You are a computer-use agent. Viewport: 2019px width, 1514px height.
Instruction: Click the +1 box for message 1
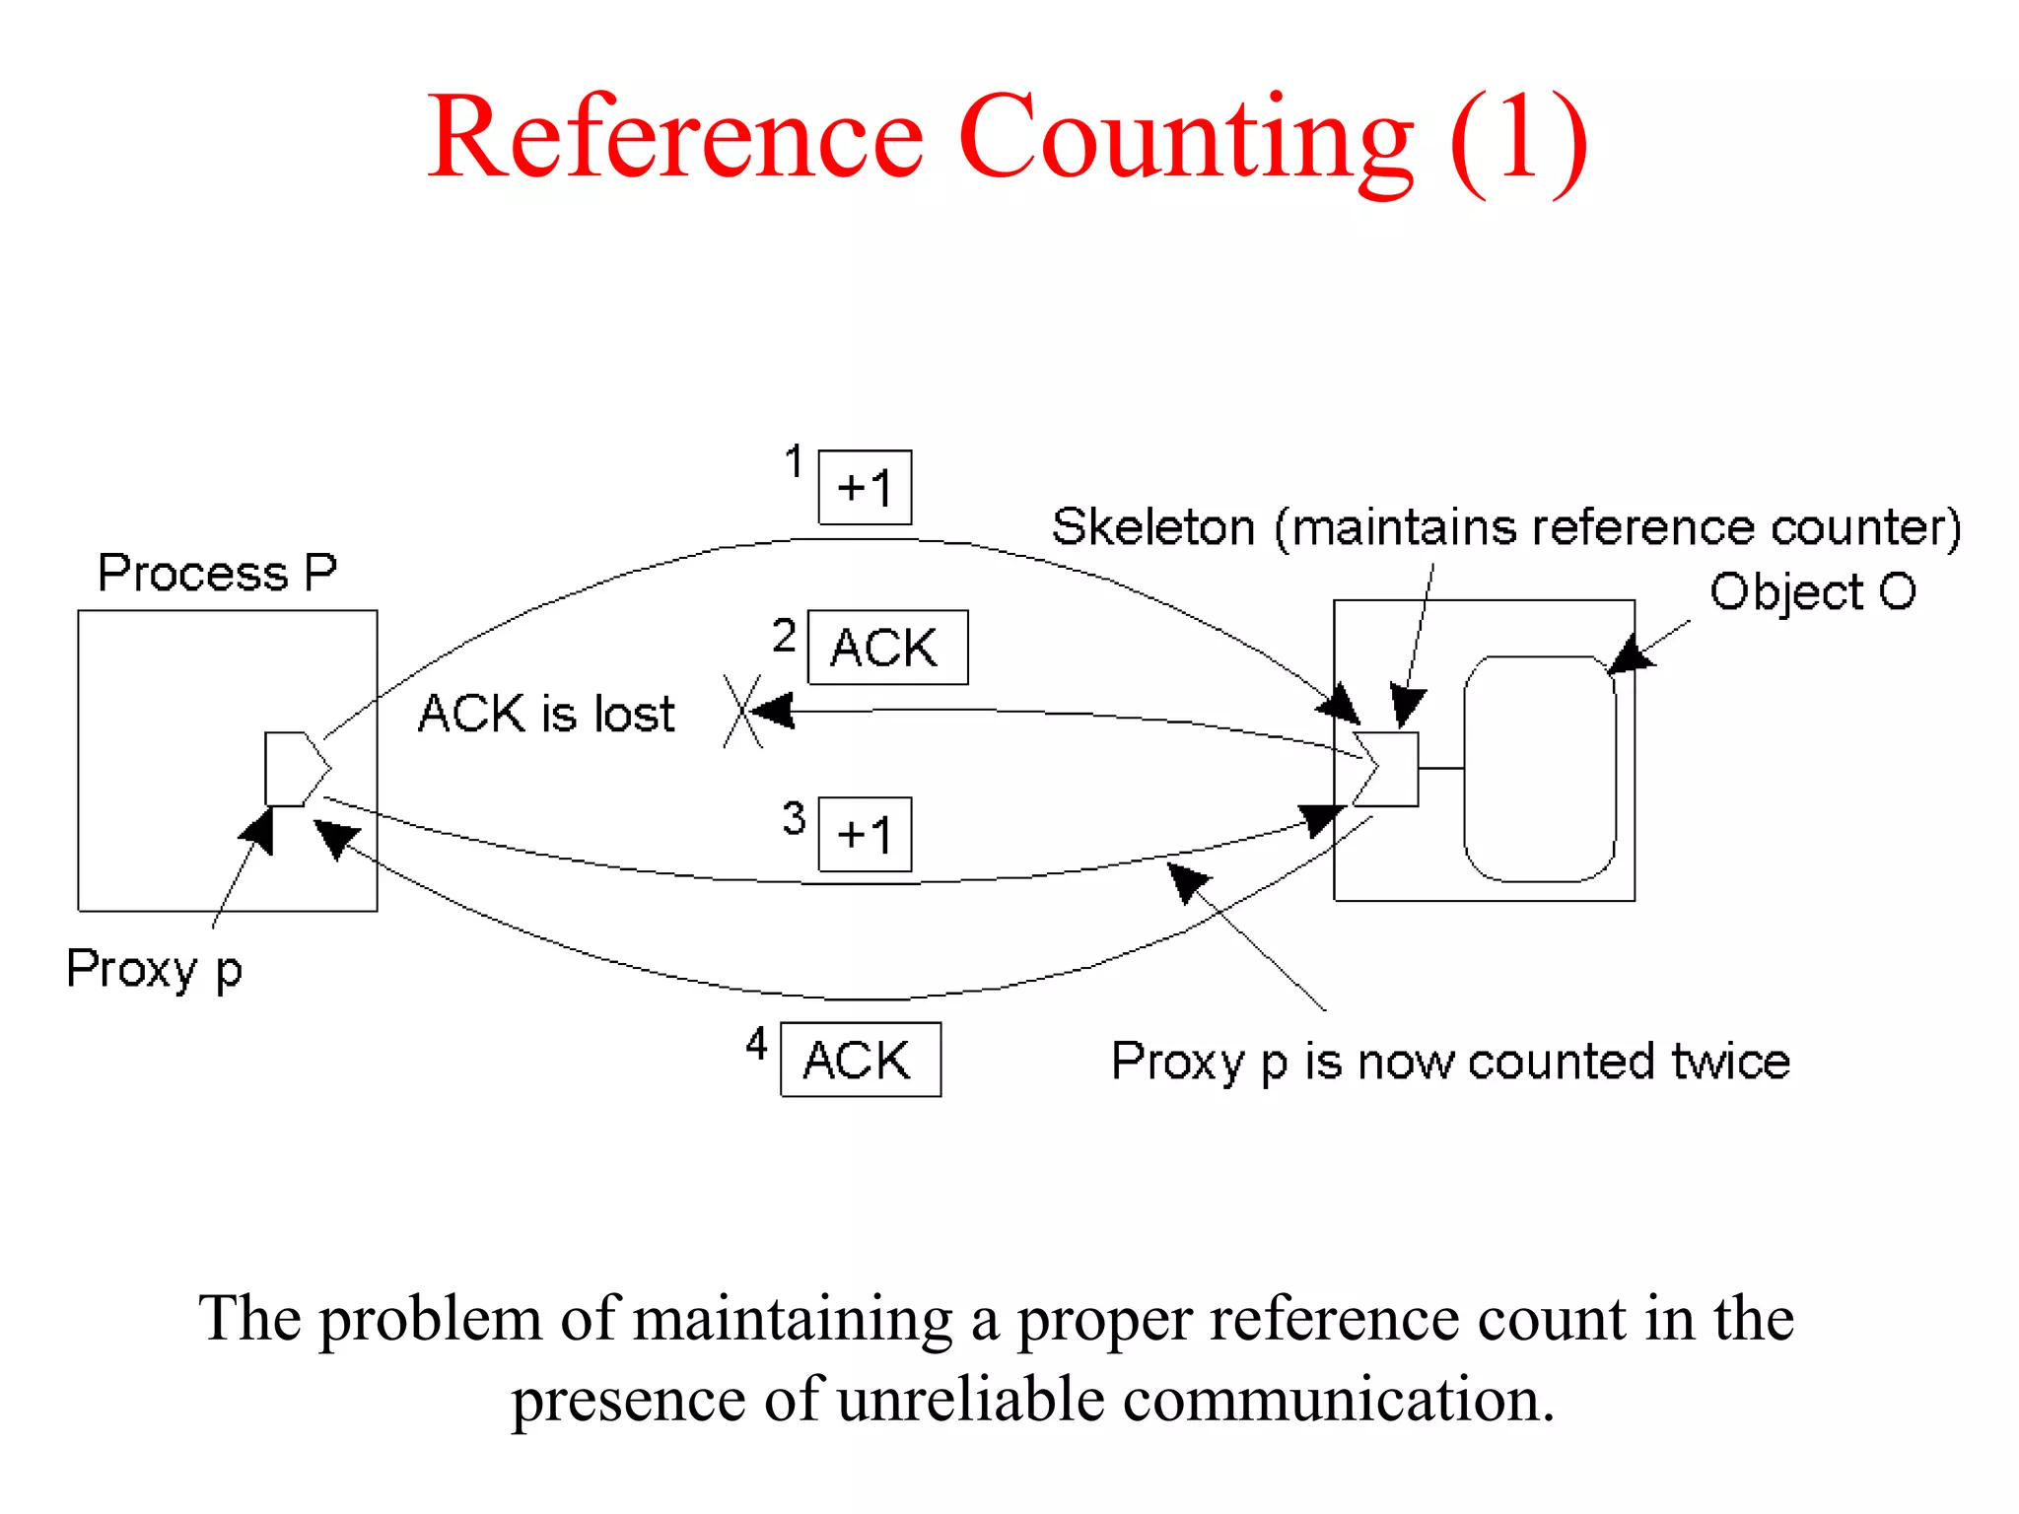click(865, 488)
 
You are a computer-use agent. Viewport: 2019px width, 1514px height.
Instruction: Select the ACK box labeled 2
click(887, 648)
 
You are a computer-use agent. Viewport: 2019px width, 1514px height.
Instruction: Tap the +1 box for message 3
click(865, 835)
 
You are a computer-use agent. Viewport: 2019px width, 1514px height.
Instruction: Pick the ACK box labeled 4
click(860, 1060)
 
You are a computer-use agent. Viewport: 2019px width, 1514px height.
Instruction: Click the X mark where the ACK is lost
click(741, 711)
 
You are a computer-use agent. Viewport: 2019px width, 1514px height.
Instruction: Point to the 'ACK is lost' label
click(546, 713)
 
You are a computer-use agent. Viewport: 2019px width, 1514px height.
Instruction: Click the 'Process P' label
click(217, 573)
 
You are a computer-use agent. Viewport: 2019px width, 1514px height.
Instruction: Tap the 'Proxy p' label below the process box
click(154, 969)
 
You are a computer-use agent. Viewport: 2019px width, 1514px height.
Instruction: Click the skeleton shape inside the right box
click(1390, 769)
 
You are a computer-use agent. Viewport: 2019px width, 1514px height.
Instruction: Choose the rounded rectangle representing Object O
click(1540, 769)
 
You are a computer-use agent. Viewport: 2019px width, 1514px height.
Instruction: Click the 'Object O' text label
click(1812, 592)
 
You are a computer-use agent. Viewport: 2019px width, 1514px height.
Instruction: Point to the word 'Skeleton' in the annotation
click(1152, 527)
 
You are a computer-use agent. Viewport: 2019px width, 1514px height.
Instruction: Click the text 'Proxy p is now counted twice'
click(1450, 1062)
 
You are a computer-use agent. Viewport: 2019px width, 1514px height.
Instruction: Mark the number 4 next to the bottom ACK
click(756, 1043)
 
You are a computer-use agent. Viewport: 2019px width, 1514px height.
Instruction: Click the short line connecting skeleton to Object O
click(1440, 768)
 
